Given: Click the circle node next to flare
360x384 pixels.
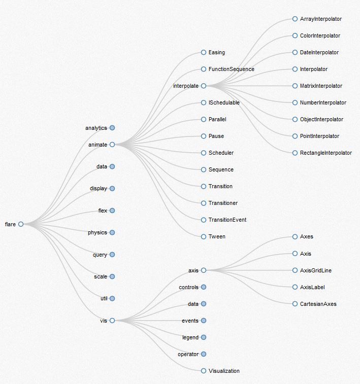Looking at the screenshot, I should (x=21, y=224).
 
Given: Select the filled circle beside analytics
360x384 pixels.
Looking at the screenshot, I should (x=112, y=128).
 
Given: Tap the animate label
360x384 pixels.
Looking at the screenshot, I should (x=97, y=145).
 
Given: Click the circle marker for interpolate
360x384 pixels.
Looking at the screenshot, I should (x=204, y=86).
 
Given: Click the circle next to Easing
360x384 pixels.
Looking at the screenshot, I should (x=204, y=52).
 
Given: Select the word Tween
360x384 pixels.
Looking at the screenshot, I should (x=217, y=236).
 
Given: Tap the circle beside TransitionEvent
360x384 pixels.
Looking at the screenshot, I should (x=204, y=220).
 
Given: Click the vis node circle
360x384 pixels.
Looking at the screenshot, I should (x=112, y=320).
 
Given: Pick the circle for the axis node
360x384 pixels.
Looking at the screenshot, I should (x=204, y=270).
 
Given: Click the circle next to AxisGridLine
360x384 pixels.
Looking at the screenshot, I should (x=295, y=270).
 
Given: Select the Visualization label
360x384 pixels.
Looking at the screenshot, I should (x=224, y=371).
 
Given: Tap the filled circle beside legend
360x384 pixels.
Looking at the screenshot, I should (x=204, y=337).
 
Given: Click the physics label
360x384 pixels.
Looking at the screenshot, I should (x=97, y=232).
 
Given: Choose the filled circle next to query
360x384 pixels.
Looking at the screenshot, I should (x=112, y=255).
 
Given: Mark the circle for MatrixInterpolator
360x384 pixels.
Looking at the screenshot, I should (x=295, y=86).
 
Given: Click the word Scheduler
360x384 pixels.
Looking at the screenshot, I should (x=221, y=153).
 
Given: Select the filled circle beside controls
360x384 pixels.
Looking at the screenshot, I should (x=204, y=287).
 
